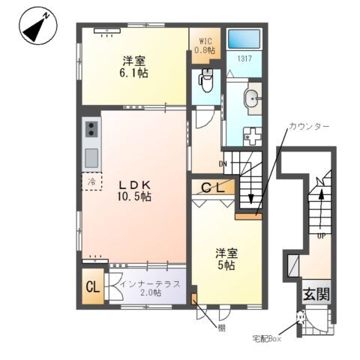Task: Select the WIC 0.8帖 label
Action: [204, 46]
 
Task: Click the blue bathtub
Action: [244, 40]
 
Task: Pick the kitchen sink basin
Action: [91, 158]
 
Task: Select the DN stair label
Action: [223, 163]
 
